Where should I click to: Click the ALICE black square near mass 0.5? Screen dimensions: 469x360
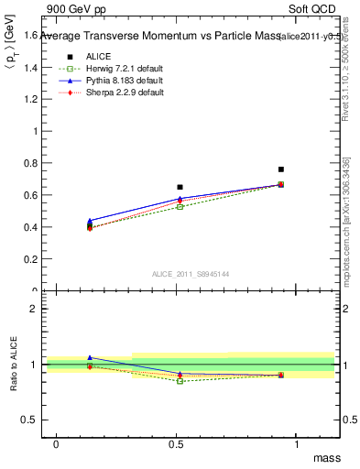[x=180, y=187]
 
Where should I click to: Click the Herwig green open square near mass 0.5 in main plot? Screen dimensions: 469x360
[x=180, y=207]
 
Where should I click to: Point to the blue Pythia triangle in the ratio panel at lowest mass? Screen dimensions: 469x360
[x=90, y=357]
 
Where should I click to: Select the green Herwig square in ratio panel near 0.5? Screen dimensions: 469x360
[x=180, y=380]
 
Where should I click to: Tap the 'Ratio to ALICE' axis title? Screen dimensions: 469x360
[x=13, y=365]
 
